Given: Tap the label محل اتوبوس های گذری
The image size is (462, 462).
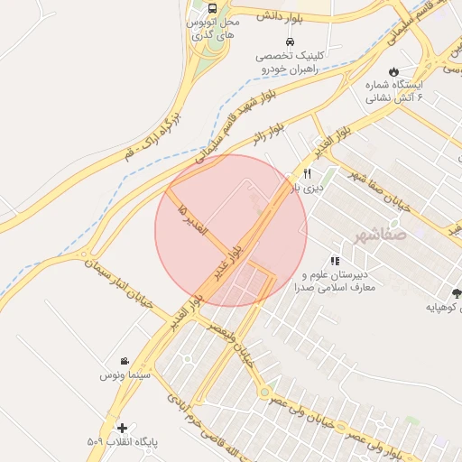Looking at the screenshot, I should click(217, 27).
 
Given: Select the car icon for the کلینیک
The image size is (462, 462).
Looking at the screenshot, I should click(289, 42).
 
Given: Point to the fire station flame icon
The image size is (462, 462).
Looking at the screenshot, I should click(393, 71).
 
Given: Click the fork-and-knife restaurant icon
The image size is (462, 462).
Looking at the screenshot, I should click(307, 173).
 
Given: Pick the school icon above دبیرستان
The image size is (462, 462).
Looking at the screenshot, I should click(335, 260).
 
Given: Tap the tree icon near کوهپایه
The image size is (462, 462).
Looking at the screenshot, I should click(457, 292).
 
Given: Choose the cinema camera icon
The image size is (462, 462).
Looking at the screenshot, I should click(125, 361).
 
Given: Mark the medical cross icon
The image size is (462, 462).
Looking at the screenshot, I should click(123, 427).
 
